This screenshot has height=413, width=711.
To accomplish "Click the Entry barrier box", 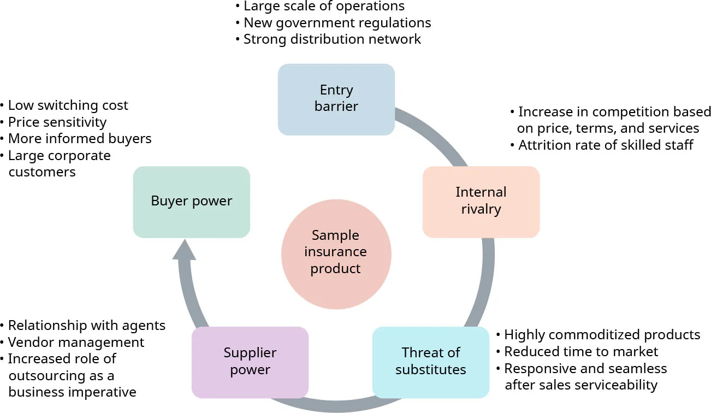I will click(x=336, y=99).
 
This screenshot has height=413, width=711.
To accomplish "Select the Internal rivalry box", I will click(x=481, y=201).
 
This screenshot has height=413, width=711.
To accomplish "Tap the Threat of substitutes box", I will click(x=430, y=361).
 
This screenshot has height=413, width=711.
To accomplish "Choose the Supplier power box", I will click(x=250, y=361).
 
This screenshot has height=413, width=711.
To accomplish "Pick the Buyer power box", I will click(x=191, y=201).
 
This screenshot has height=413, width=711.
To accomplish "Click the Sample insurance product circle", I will click(x=336, y=252).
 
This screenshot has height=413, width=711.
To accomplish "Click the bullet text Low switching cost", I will click(x=68, y=105).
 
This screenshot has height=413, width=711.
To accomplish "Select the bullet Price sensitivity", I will click(x=57, y=122).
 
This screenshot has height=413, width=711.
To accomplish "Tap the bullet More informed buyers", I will click(x=79, y=139).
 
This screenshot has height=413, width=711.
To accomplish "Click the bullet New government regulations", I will click(x=337, y=23).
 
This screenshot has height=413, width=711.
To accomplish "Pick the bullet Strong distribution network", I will click(x=332, y=39).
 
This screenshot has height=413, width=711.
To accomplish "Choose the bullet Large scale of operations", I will click(x=324, y=7).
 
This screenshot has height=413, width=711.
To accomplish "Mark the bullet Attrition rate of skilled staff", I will click(x=605, y=145).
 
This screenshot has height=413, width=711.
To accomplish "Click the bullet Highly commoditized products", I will click(x=601, y=335).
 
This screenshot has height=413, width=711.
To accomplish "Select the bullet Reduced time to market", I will click(x=580, y=352).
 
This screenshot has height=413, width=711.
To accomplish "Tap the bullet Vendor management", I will click(x=76, y=343).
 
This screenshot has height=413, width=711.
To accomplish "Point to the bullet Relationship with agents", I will click(x=86, y=326).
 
